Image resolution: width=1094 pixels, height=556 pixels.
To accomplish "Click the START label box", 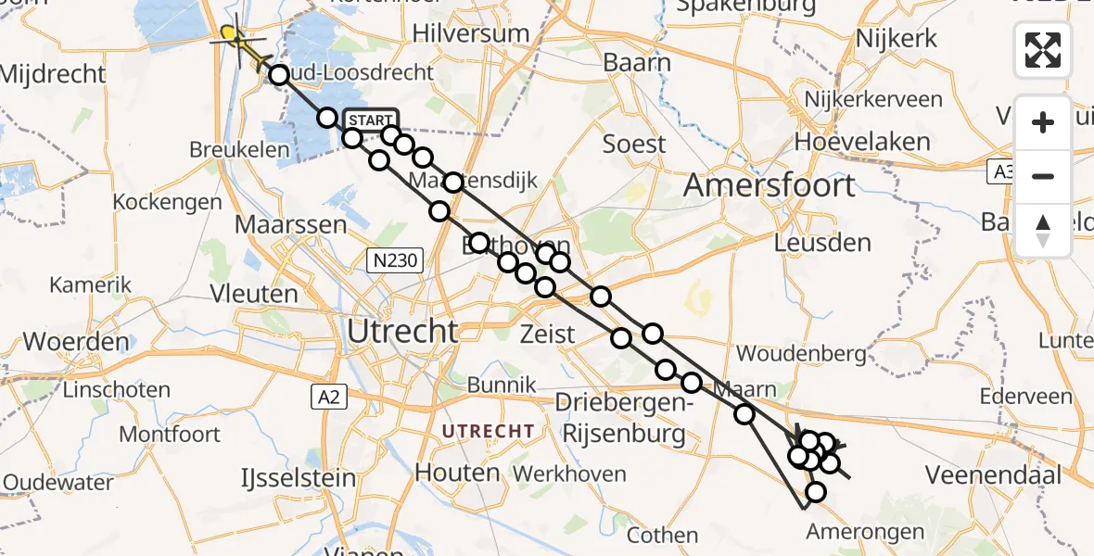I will coord(371,120).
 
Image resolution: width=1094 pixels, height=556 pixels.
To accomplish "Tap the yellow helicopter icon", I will coord(233,37).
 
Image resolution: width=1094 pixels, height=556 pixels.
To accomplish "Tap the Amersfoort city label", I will coord(770,185).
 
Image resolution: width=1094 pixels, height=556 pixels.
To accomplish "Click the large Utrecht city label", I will coord(402,331).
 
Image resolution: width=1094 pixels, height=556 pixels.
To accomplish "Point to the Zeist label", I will coord(548,334).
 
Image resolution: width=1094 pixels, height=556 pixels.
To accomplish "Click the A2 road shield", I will coord(322,397).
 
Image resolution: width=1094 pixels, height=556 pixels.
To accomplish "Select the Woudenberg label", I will coord(793,354).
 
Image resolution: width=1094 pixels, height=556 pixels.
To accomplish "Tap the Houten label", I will coord(457,473).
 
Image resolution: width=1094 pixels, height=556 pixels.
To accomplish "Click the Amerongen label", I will coord(865,532).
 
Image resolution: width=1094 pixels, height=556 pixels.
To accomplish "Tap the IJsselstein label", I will coord(299,478).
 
